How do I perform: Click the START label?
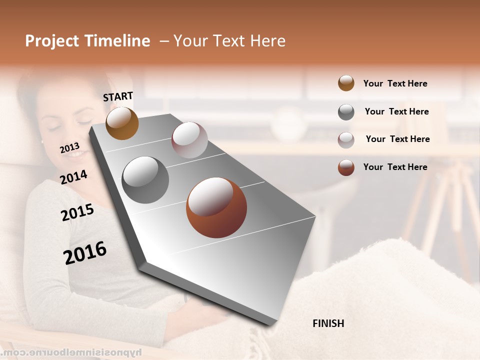[118, 96]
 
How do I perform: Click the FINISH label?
[328, 323]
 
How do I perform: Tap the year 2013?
[69, 148]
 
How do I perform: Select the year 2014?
[73, 177]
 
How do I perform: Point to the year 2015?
[77, 212]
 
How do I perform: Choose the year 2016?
[85, 253]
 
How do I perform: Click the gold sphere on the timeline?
[122, 123]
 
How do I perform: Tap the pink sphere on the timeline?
[189, 140]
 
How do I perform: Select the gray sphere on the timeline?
[145, 180]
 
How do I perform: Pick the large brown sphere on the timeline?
[216, 207]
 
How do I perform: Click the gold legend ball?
[346, 83]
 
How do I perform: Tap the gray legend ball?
[346, 112]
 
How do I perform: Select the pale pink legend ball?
[346, 139]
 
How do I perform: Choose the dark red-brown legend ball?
[346, 167]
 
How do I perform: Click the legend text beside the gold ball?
[395, 83]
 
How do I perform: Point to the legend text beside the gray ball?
[396, 111]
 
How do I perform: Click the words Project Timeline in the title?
[87, 41]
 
